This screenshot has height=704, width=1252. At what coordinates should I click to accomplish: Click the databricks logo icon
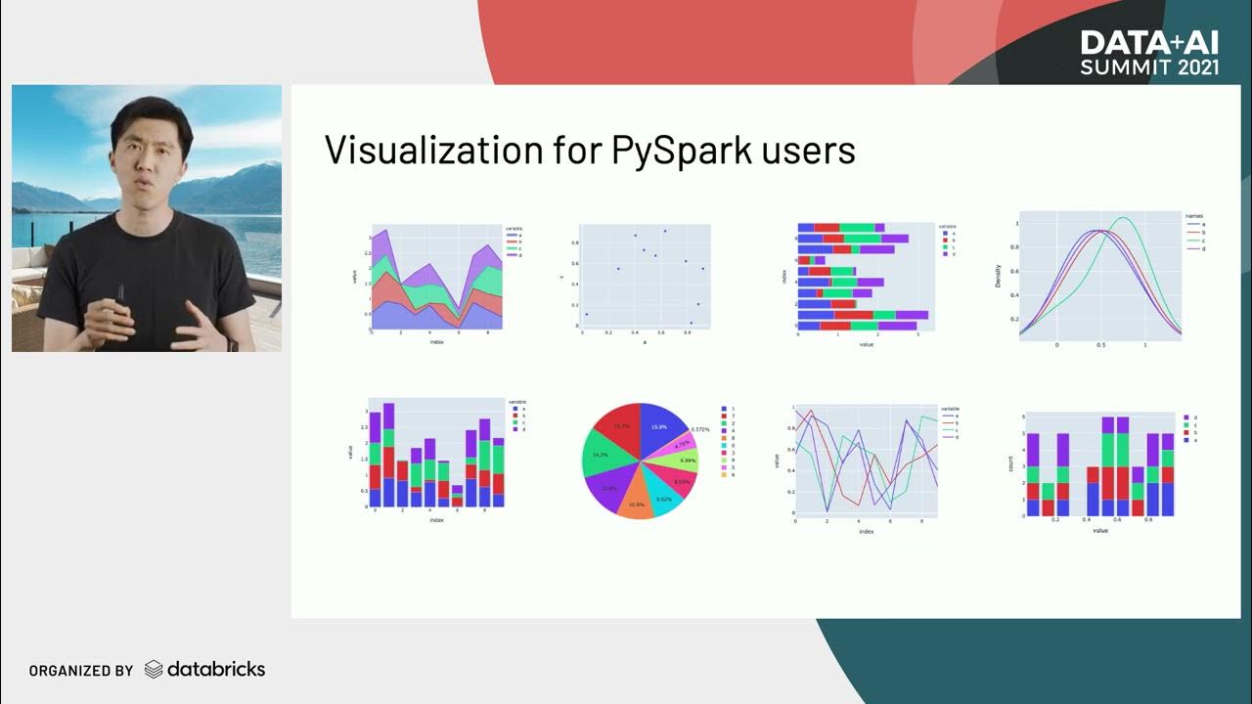(154, 670)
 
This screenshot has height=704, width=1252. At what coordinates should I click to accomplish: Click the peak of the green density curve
(1123, 218)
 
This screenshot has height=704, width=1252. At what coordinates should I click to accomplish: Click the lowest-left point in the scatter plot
(586, 314)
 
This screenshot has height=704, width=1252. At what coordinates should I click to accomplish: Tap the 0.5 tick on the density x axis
(1100, 345)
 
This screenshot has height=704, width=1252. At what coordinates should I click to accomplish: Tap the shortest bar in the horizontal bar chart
(803, 260)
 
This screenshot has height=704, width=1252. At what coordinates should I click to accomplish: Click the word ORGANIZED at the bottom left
(66, 671)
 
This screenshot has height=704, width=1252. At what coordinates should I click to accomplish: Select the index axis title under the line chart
(866, 531)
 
